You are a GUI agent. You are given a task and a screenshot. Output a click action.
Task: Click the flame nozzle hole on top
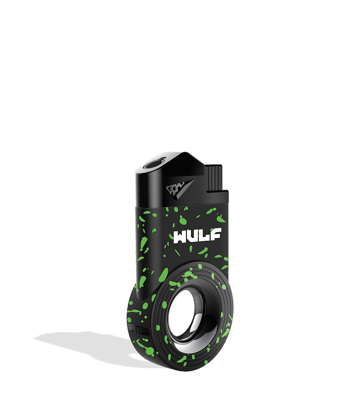point(153,164)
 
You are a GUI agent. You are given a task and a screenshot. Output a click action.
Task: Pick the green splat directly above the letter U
point(183,220)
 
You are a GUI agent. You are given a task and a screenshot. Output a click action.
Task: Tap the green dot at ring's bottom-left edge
point(149,352)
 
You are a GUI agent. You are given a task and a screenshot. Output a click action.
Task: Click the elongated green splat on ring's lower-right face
point(225,333)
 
